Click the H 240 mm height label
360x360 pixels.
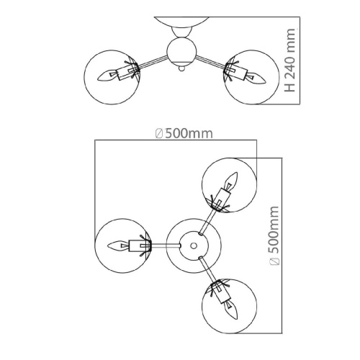289,60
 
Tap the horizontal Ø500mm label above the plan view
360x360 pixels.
184,133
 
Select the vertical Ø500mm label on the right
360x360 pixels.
274,235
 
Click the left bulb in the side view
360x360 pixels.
107,75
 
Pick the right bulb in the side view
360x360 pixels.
256,78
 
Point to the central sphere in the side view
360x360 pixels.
181,51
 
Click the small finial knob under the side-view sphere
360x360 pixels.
181,69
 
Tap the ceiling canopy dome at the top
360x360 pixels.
181,22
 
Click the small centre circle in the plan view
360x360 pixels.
194,246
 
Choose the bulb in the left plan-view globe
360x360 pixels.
118,246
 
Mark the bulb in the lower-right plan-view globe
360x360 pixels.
231,310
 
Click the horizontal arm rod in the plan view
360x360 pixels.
166,246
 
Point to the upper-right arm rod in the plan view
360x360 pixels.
207,222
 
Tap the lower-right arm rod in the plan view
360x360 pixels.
207,269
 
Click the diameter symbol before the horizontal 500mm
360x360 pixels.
159,134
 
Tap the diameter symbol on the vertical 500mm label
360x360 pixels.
274,261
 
